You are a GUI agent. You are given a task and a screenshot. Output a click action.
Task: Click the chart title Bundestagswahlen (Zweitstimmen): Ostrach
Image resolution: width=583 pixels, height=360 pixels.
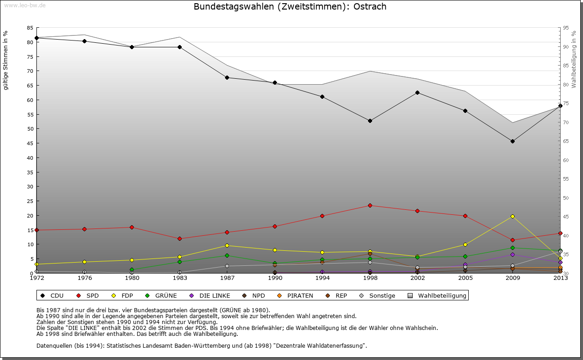click(x=290, y=7)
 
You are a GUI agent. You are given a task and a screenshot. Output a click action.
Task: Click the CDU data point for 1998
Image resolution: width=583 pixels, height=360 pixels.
click(x=370, y=121)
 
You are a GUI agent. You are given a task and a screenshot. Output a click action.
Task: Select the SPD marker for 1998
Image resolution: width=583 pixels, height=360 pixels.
click(x=370, y=205)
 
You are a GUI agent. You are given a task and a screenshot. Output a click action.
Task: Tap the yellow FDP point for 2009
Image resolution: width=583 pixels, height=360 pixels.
click(x=512, y=216)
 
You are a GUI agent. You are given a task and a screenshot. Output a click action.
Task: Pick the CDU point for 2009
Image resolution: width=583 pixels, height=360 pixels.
click(x=512, y=141)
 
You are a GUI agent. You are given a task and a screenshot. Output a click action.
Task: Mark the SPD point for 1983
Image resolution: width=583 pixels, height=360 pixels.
click(x=179, y=238)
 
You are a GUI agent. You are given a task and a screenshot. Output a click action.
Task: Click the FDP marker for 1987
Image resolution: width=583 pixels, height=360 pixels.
click(x=227, y=245)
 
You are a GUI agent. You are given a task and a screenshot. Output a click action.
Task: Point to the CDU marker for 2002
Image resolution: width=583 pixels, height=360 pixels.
click(x=417, y=92)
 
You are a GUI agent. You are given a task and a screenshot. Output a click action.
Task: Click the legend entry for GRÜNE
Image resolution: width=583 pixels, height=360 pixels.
click(x=161, y=295)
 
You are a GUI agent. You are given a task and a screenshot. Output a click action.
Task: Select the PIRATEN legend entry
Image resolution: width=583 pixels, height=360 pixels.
click(x=296, y=295)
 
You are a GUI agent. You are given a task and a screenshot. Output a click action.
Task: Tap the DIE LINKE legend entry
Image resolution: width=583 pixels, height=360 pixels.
click(x=210, y=295)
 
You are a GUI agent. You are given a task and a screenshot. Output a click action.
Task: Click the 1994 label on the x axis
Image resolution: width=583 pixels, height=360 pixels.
click(x=322, y=278)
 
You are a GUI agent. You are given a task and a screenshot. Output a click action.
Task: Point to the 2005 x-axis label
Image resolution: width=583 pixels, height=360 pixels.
click(x=465, y=278)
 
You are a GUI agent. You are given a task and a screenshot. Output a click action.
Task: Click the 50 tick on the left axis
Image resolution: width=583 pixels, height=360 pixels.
click(x=30, y=129)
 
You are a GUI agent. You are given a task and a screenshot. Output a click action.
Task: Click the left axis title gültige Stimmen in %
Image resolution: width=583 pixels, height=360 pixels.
click(x=5, y=60)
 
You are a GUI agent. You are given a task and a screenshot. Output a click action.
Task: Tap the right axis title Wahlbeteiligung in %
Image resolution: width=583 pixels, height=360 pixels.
click(x=574, y=59)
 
